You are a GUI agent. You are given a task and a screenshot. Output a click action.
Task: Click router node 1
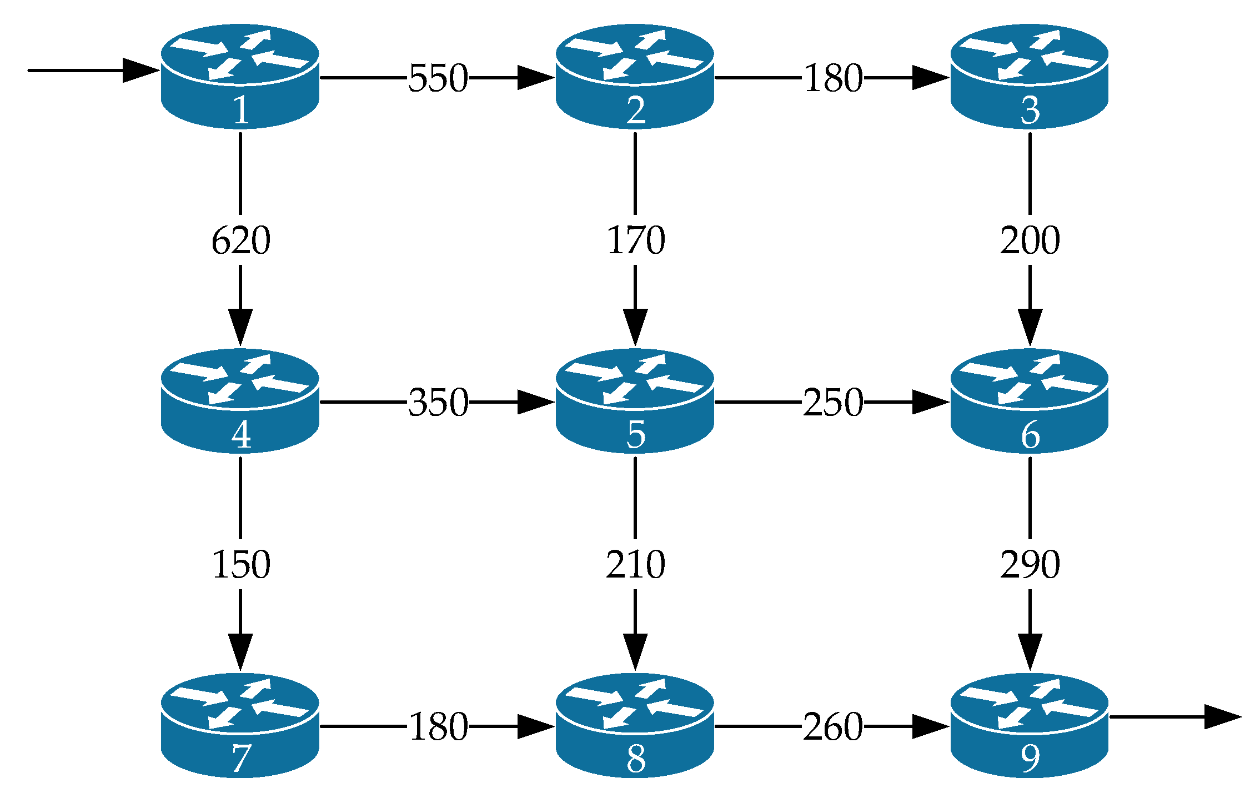click(240, 76)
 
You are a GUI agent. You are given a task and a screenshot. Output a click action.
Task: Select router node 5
click(635, 400)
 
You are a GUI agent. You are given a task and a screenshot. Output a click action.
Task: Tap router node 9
click(1030, 725)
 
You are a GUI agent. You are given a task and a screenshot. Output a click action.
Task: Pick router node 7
click(240, 725)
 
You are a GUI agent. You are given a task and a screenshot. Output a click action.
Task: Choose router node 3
click(1030, 76)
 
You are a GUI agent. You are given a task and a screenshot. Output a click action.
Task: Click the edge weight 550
click(438, 78)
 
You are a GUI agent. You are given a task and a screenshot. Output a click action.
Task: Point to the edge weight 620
click(240, 240)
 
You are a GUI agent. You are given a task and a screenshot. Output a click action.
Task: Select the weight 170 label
click(635, 240)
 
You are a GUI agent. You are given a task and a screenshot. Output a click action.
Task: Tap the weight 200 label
click(1030, 240)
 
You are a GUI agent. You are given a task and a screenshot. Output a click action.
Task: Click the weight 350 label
click(438, 403)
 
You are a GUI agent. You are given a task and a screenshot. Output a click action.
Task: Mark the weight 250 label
click(833, 403)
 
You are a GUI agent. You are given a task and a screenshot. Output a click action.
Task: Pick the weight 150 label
click(240, 565)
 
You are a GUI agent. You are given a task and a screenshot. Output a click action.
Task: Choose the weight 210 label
click(635, 565)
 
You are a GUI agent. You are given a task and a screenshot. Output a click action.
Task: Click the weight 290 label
click(1030, 565)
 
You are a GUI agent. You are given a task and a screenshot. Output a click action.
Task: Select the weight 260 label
click(833, 727)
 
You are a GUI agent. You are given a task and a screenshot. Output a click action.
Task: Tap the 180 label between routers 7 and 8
click(438, 727)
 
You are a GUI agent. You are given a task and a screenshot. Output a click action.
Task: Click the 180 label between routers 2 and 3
click(833, 78)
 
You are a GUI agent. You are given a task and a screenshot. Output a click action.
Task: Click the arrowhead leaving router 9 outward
click(1222, 717)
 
